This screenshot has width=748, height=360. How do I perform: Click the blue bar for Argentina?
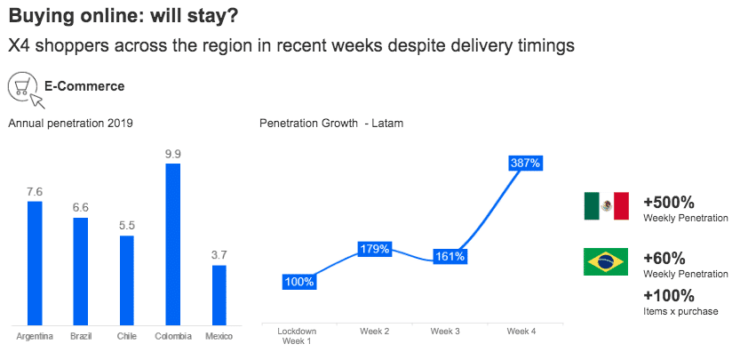coord(35,263)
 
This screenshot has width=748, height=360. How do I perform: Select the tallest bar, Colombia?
coord(173,244)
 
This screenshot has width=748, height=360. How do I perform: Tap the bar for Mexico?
coord(219,295)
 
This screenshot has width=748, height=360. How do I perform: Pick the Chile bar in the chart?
coord(127,280)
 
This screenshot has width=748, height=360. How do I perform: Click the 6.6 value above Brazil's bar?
coord(81,207)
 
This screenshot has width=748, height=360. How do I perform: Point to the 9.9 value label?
coord(173,154)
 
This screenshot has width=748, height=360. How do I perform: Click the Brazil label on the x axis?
coord(81,336)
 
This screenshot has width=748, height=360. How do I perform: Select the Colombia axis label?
coord(173,336)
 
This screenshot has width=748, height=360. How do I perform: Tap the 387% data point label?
coord(525,163)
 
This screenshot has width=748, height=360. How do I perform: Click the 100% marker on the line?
coord(298,282)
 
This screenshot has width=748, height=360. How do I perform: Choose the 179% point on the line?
coord(374,249)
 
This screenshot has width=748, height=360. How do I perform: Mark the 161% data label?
coord(450,257)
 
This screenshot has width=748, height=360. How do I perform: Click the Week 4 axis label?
coord(521,332)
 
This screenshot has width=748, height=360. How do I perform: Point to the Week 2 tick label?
coord(374,332)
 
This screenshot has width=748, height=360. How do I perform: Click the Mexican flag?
coord(606,206)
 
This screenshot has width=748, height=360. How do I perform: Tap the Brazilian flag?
coord(606,262)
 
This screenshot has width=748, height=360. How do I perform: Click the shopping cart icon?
coord(23,87)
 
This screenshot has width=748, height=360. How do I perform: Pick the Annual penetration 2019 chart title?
coord(70,124)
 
